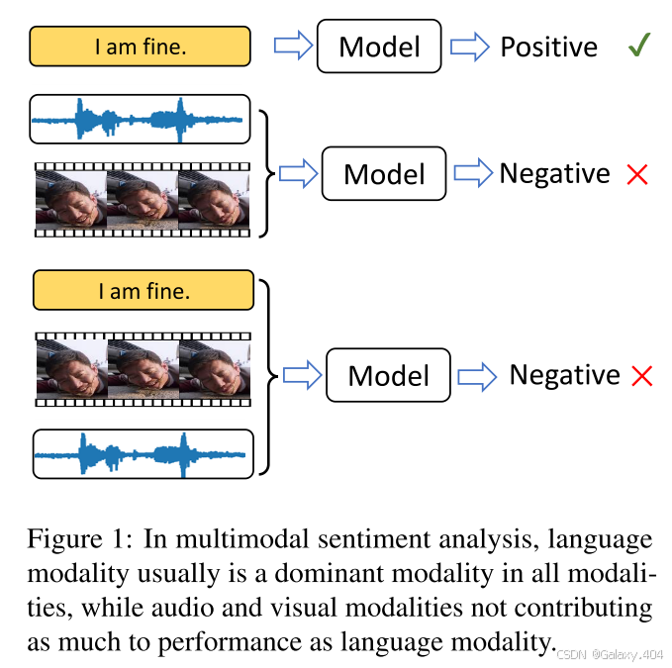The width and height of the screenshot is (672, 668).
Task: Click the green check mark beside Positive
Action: [638, 46]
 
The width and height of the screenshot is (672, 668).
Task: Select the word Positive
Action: [548, 47]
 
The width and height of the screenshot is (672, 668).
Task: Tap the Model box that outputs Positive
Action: [379, 47]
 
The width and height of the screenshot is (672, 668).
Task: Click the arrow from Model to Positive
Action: [470, 47]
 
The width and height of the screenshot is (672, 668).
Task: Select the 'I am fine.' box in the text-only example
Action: [140, 46]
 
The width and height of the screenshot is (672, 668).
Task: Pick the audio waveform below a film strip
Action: [144, 454]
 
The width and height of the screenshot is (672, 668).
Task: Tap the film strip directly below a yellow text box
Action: [144, 368]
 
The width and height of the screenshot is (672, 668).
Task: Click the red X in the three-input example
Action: [642, 376]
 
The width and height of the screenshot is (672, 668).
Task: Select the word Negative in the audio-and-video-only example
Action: [554, 173]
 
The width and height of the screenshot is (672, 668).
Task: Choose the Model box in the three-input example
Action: [389, 375]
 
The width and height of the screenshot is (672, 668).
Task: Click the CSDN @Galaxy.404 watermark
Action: [611, 654]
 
